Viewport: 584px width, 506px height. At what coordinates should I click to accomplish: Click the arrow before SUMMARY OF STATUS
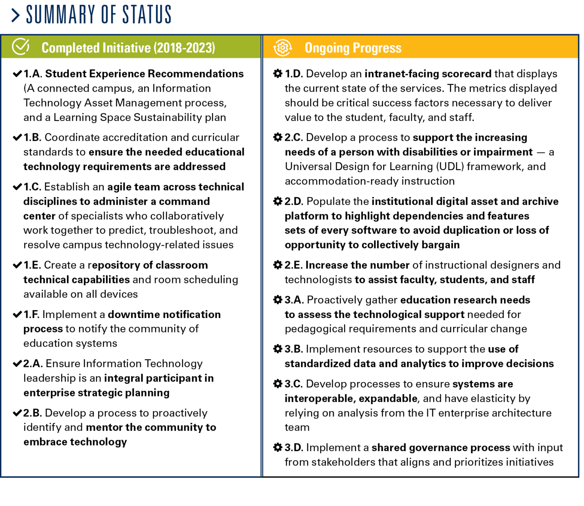coord(16,15)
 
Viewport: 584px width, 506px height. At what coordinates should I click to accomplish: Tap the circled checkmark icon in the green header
coord(21,47)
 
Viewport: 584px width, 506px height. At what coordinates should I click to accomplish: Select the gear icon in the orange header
coord(282,48)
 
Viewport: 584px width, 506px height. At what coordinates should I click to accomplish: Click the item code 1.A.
coord(33,74)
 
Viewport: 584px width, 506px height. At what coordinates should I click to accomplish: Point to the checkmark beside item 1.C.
coord(17,187)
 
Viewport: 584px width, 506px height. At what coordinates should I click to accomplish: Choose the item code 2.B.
coord(32,413)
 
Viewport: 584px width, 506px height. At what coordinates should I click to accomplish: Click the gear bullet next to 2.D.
coord(278,201)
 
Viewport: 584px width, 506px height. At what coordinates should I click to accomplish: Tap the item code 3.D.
coord(294,448)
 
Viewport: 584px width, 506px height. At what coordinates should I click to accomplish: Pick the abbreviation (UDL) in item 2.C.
coord(450,167)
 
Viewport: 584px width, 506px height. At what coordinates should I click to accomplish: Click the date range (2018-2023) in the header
coord(184,48)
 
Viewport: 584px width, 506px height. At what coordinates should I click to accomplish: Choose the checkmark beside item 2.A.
coord(17,364)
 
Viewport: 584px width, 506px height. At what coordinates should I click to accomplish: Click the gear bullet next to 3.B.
coord(278,349)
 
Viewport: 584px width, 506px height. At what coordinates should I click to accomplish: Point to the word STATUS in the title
coord(147,15)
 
